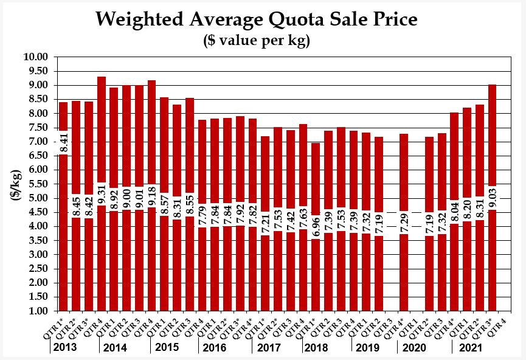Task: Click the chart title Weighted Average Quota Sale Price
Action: (x=257, y=19)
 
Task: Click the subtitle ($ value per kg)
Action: (x=257, y=41)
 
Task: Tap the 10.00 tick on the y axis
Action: (x=35, y=57)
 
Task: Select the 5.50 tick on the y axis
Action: (x=35, y=184)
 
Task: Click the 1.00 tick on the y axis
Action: (x=35, y=311)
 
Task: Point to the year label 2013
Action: (x=65, y=348)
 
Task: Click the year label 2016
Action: (x=215, y=348)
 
